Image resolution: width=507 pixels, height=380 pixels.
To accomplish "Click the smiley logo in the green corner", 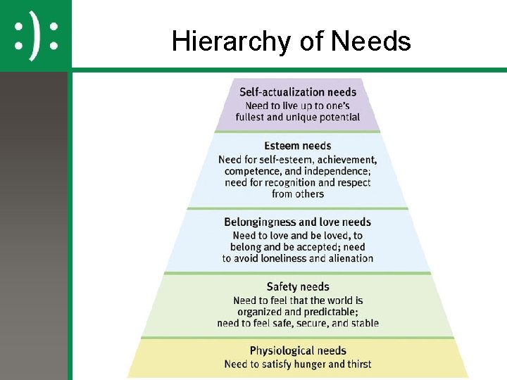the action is coord(35,34).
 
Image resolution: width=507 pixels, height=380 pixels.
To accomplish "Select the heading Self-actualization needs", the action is coord(298,91).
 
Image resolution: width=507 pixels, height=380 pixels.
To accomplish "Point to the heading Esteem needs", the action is coord(297,146).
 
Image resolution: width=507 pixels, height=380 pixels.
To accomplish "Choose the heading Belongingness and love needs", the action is coord(297,222).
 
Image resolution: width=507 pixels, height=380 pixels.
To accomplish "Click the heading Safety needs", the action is coord(297,286).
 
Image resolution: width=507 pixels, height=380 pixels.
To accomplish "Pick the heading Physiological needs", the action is coord(298,350).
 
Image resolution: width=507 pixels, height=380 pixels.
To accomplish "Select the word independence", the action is coord(338,171).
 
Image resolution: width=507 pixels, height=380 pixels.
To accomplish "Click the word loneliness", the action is coord(281,258).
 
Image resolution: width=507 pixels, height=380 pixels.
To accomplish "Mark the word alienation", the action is coord(350,258).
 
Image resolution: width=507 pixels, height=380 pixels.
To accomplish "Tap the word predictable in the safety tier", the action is coord(328,312).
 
